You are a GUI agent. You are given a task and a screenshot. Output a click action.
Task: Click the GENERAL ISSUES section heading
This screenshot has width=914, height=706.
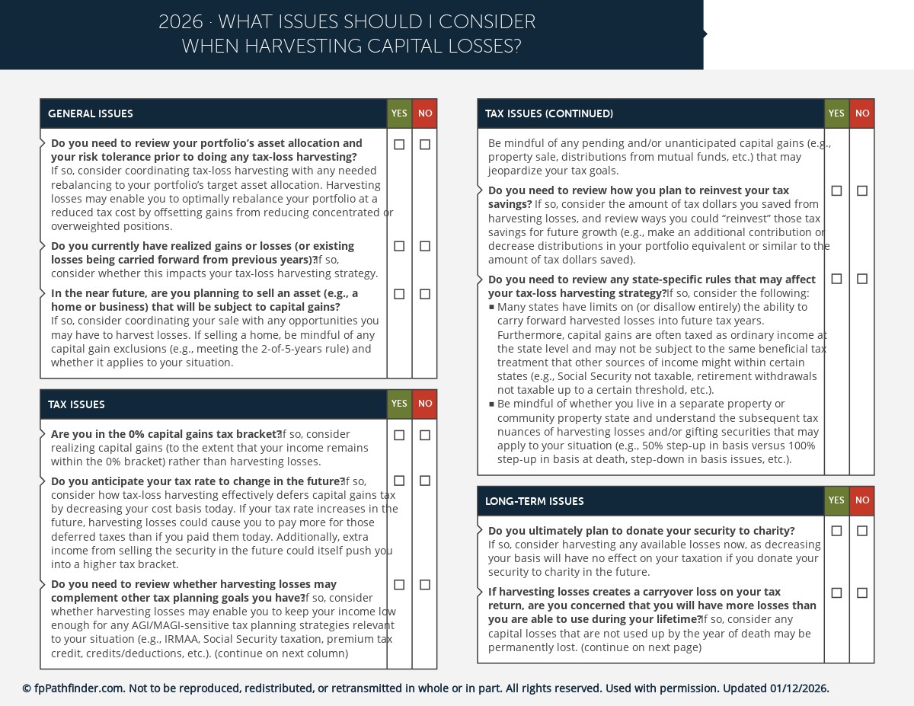[91, 114]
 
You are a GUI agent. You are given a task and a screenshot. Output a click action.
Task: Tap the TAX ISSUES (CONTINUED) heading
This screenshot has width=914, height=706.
[548, 114]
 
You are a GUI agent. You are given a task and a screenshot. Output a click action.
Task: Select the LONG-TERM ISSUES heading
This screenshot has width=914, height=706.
[534, 501]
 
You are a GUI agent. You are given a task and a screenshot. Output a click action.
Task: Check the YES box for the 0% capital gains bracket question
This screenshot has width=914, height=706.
[399, 436]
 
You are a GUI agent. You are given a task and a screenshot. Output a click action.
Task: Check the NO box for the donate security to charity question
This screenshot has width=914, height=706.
[861, 531]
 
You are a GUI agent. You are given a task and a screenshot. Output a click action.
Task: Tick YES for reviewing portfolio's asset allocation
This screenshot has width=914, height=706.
[399, 145]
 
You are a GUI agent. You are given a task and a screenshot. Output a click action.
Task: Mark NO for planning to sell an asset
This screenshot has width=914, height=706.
[425, 294]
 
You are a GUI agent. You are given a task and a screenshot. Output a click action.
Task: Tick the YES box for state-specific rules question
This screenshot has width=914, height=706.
[836, 280]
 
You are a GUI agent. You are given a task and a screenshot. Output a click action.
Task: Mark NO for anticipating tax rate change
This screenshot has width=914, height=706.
[425, 481]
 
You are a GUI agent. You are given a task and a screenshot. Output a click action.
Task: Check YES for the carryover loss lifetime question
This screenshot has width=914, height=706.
[836, 593]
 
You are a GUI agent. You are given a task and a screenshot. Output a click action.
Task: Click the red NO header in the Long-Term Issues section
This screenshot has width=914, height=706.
[861, 500]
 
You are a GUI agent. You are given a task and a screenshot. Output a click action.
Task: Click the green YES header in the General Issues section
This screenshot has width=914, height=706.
[399, 113]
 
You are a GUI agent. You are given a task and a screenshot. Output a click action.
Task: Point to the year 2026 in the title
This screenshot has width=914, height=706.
[181, 22]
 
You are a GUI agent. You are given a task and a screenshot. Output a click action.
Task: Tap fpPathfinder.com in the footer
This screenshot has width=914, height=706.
[79, 688]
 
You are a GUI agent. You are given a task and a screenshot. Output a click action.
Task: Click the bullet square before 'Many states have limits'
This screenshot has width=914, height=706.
[492, 308]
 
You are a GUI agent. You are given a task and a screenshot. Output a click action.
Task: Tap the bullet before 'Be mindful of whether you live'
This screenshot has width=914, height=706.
[492, 404]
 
